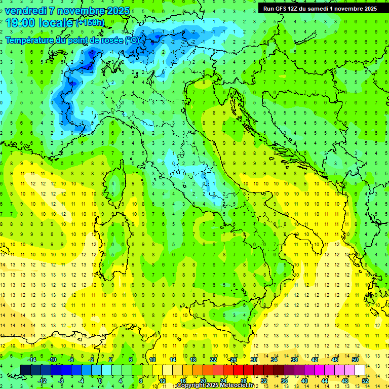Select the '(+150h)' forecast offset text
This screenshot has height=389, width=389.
(x=90, y=22)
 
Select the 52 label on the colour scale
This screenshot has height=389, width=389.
(x=365, y=381)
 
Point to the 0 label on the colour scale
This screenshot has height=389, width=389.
(x=100, y=381)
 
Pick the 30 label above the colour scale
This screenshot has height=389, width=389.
(x=254, y=360)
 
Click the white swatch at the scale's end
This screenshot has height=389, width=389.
(x=360, y=370)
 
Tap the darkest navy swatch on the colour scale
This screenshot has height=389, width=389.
(x=26, y=370)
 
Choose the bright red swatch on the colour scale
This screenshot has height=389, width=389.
(x=238, y=370)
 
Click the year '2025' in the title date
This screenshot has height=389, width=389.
(x=117, y=11)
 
